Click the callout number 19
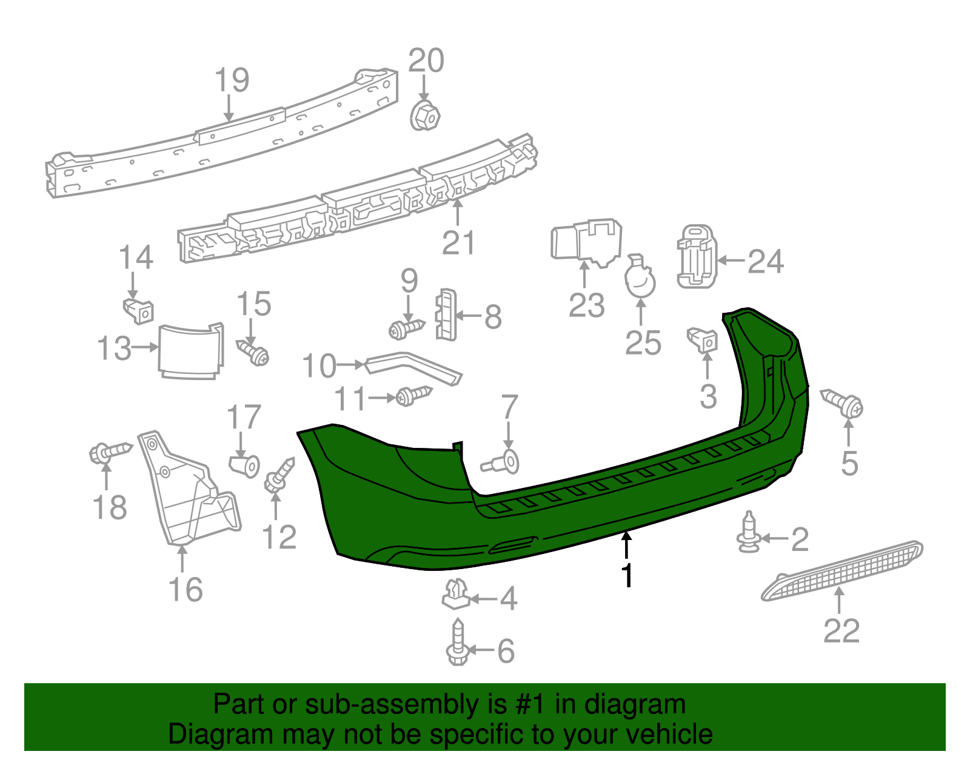point(232,80)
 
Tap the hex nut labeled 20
point(424,115)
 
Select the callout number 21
point(458,242)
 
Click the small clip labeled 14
point(139,311)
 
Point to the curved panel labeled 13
point(190,352)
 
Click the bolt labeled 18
point(109,452)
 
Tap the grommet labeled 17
point(245,465)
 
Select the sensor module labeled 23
point(585,242)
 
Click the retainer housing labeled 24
point(697,257)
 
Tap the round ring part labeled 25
point(640,280)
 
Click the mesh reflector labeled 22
point(843,570)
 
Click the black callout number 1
point(627,576)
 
